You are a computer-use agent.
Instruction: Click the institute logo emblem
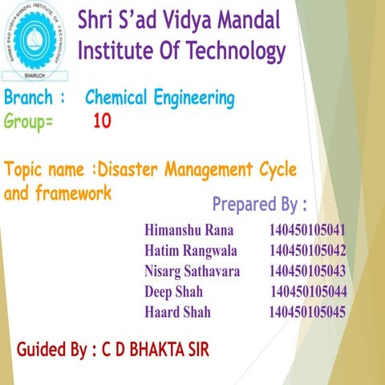(36, 38)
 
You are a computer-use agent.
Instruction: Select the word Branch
(30, 99)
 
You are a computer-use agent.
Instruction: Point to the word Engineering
(196, 99)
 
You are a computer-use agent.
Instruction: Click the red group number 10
(102, 122)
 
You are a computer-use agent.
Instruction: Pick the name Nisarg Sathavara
(192, 270)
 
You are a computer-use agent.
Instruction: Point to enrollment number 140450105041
(308, 230)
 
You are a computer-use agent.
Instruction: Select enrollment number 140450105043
(308, 270)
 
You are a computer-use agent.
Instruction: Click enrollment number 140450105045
(307, 311)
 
